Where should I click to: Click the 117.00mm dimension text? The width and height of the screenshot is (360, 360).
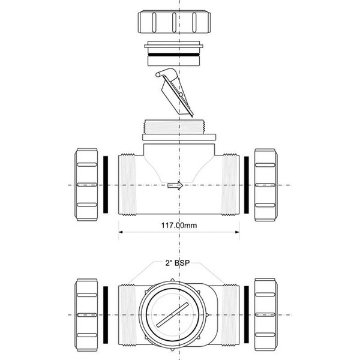(x=179, y=225)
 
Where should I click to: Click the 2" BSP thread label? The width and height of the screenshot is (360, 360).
(x=178, y=263)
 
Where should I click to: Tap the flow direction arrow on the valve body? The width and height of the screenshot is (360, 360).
(x=175, y=185)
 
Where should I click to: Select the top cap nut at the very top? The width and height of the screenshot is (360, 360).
(x=174, y=22)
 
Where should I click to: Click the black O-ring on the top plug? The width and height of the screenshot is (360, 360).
(x=174, y=55)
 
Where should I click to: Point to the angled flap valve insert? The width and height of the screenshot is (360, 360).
(x=175, y=92)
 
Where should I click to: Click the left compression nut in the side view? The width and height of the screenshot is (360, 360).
(x=86, y=185)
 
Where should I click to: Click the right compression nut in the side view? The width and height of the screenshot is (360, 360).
(x=266, y=185)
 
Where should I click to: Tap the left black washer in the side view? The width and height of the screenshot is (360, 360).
(x=106, y=185)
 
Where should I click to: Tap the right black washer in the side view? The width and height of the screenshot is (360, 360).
(x=247, y=185)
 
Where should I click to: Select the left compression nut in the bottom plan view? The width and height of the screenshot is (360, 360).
(x=86, y=315)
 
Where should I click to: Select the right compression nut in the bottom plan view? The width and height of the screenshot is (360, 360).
(x=266, y=315)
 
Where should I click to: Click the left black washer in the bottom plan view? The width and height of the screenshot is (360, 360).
(x=106, y=315)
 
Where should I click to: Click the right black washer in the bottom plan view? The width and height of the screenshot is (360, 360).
(x=247, y=315)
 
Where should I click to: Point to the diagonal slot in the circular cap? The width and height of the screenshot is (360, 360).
(x=172, y=314)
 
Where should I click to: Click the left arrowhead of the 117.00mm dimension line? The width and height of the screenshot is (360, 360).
(x=121, y=232)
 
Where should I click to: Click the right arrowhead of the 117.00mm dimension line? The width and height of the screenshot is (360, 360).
(x=238, y=232)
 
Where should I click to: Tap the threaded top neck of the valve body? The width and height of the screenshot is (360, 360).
(x=174, y=127)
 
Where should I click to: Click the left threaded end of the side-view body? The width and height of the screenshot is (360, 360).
(x=127, y=185)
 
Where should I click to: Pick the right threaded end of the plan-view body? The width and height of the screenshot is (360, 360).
(x=230, y=315)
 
